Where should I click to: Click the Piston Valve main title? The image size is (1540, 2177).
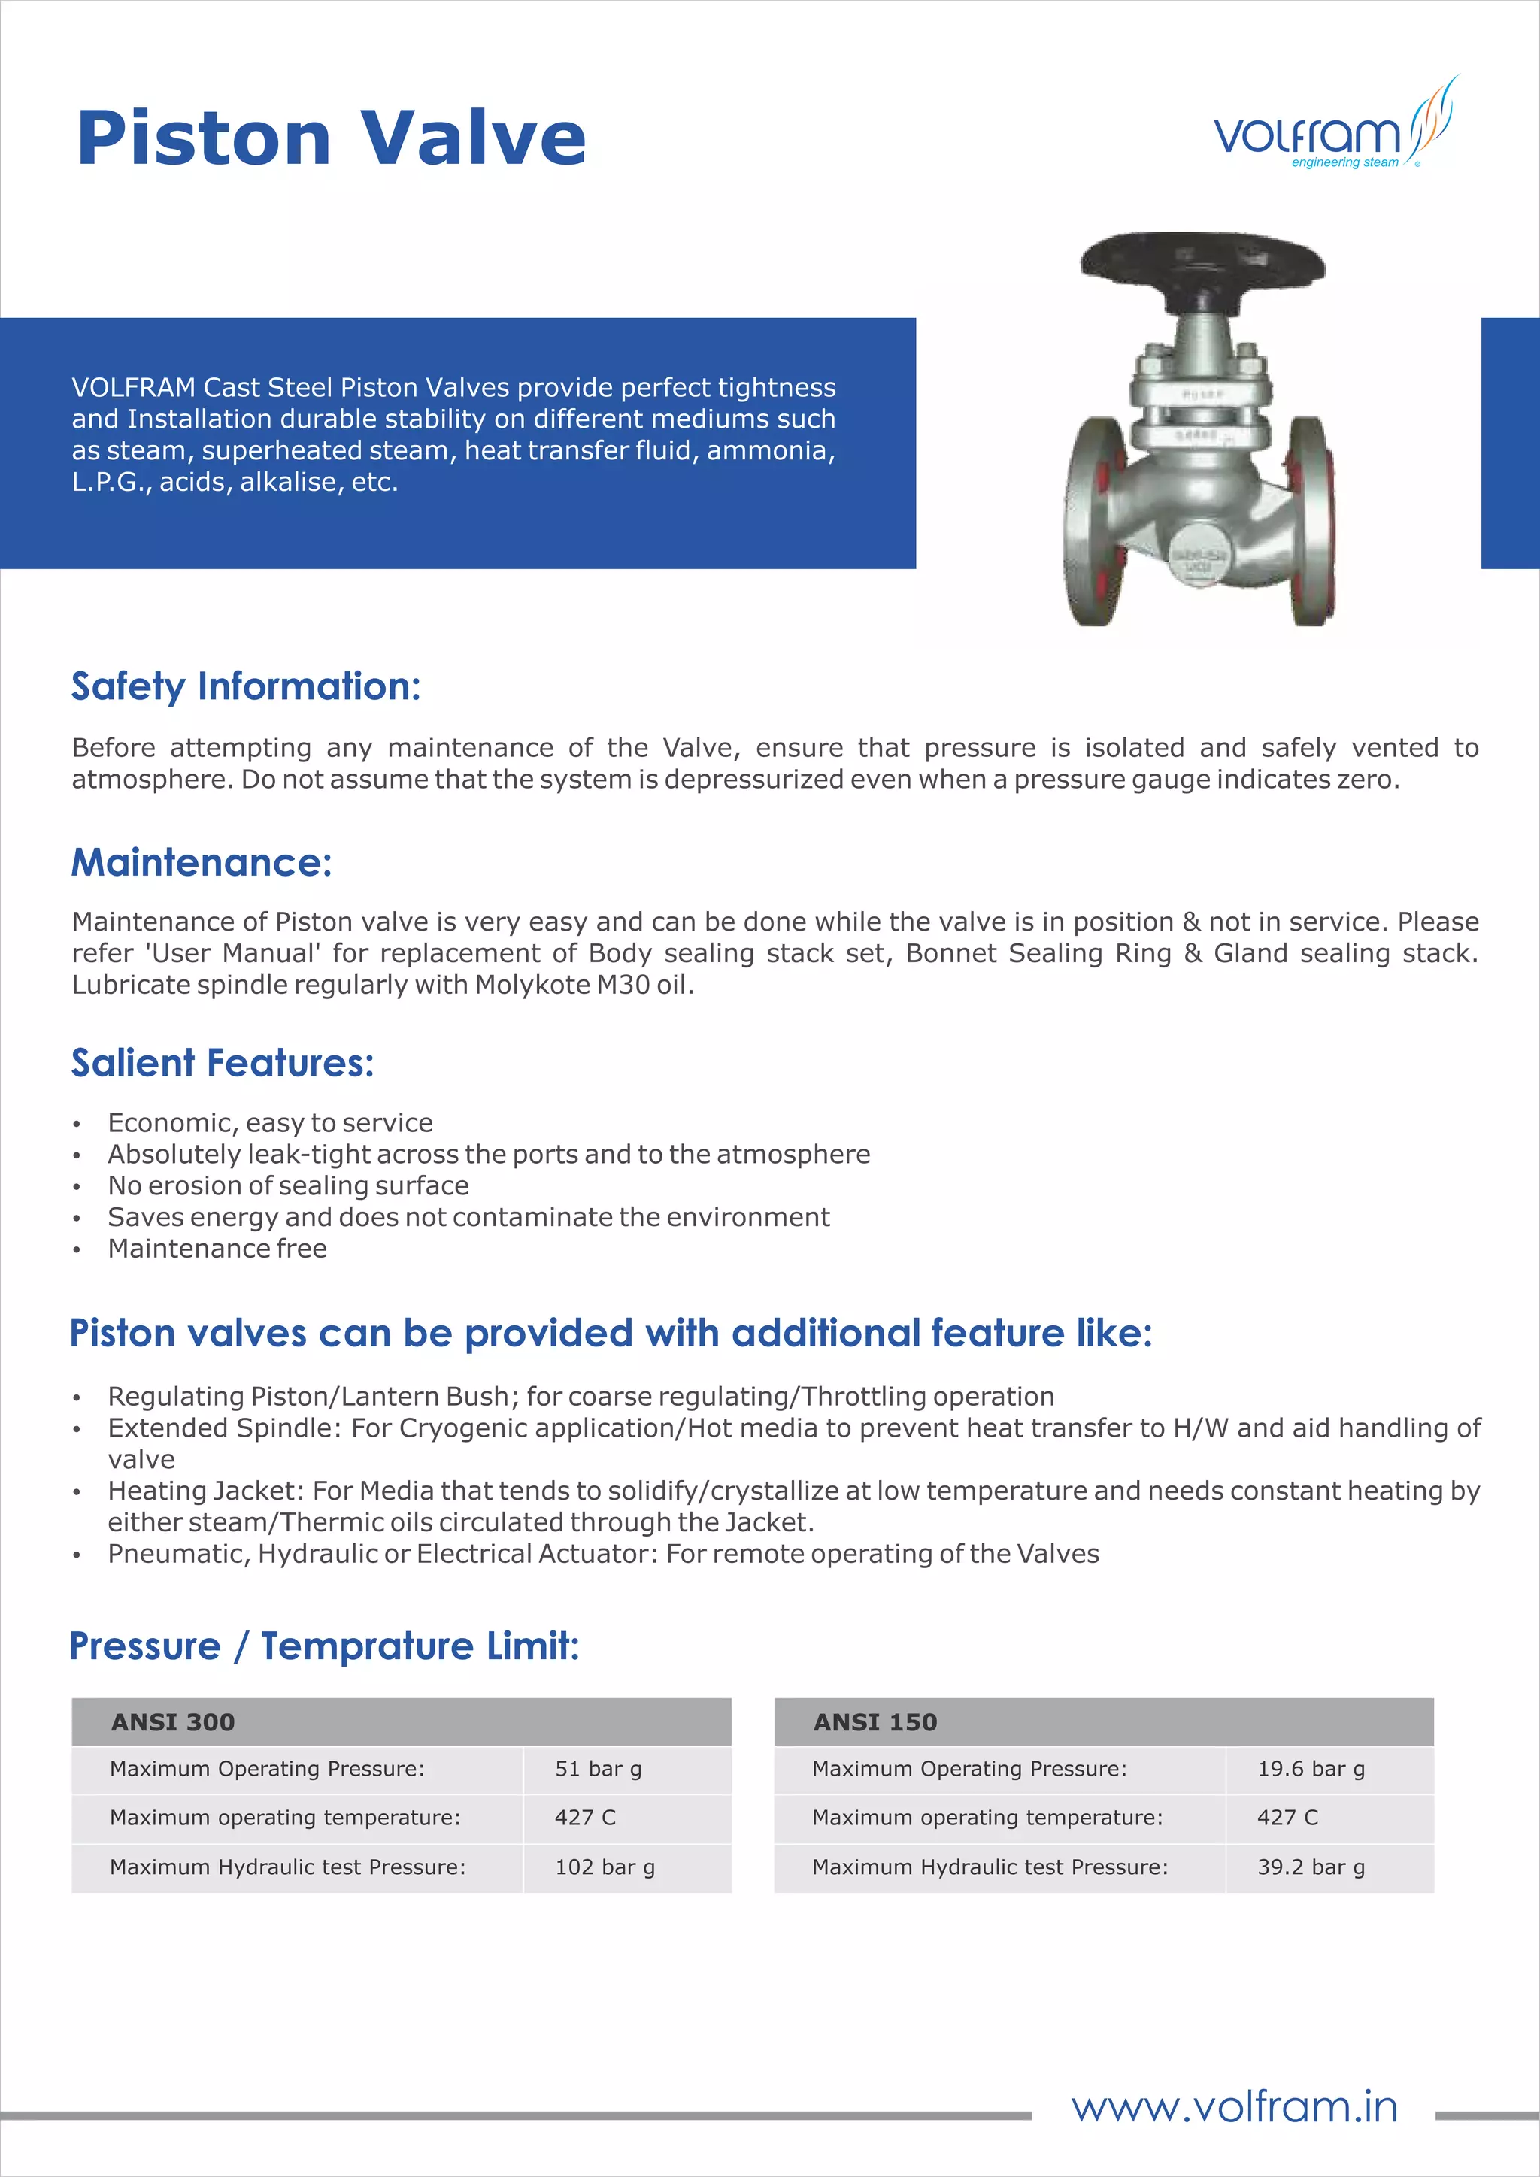[331, 138]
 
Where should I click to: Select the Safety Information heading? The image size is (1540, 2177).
[246, 686]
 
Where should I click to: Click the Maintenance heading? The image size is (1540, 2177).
[201, 862]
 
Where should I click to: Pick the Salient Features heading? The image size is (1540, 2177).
[222, 1063]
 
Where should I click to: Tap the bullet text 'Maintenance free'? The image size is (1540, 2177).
[217, 1249]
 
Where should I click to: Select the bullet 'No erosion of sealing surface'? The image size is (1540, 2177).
[288, 1186]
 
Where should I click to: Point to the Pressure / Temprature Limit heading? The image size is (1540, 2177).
[324, 1646]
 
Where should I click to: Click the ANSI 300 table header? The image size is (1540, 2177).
[174, 1722]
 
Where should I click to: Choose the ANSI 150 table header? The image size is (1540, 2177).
[875, 1722]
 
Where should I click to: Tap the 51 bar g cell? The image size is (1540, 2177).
[599, 1770]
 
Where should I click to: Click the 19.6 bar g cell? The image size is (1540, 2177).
[1311, 1770]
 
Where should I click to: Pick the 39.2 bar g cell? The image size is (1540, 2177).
[1311, 1867]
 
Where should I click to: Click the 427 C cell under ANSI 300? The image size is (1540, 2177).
[585, 1818]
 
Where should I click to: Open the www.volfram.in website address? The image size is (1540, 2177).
[1235, 2107]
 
